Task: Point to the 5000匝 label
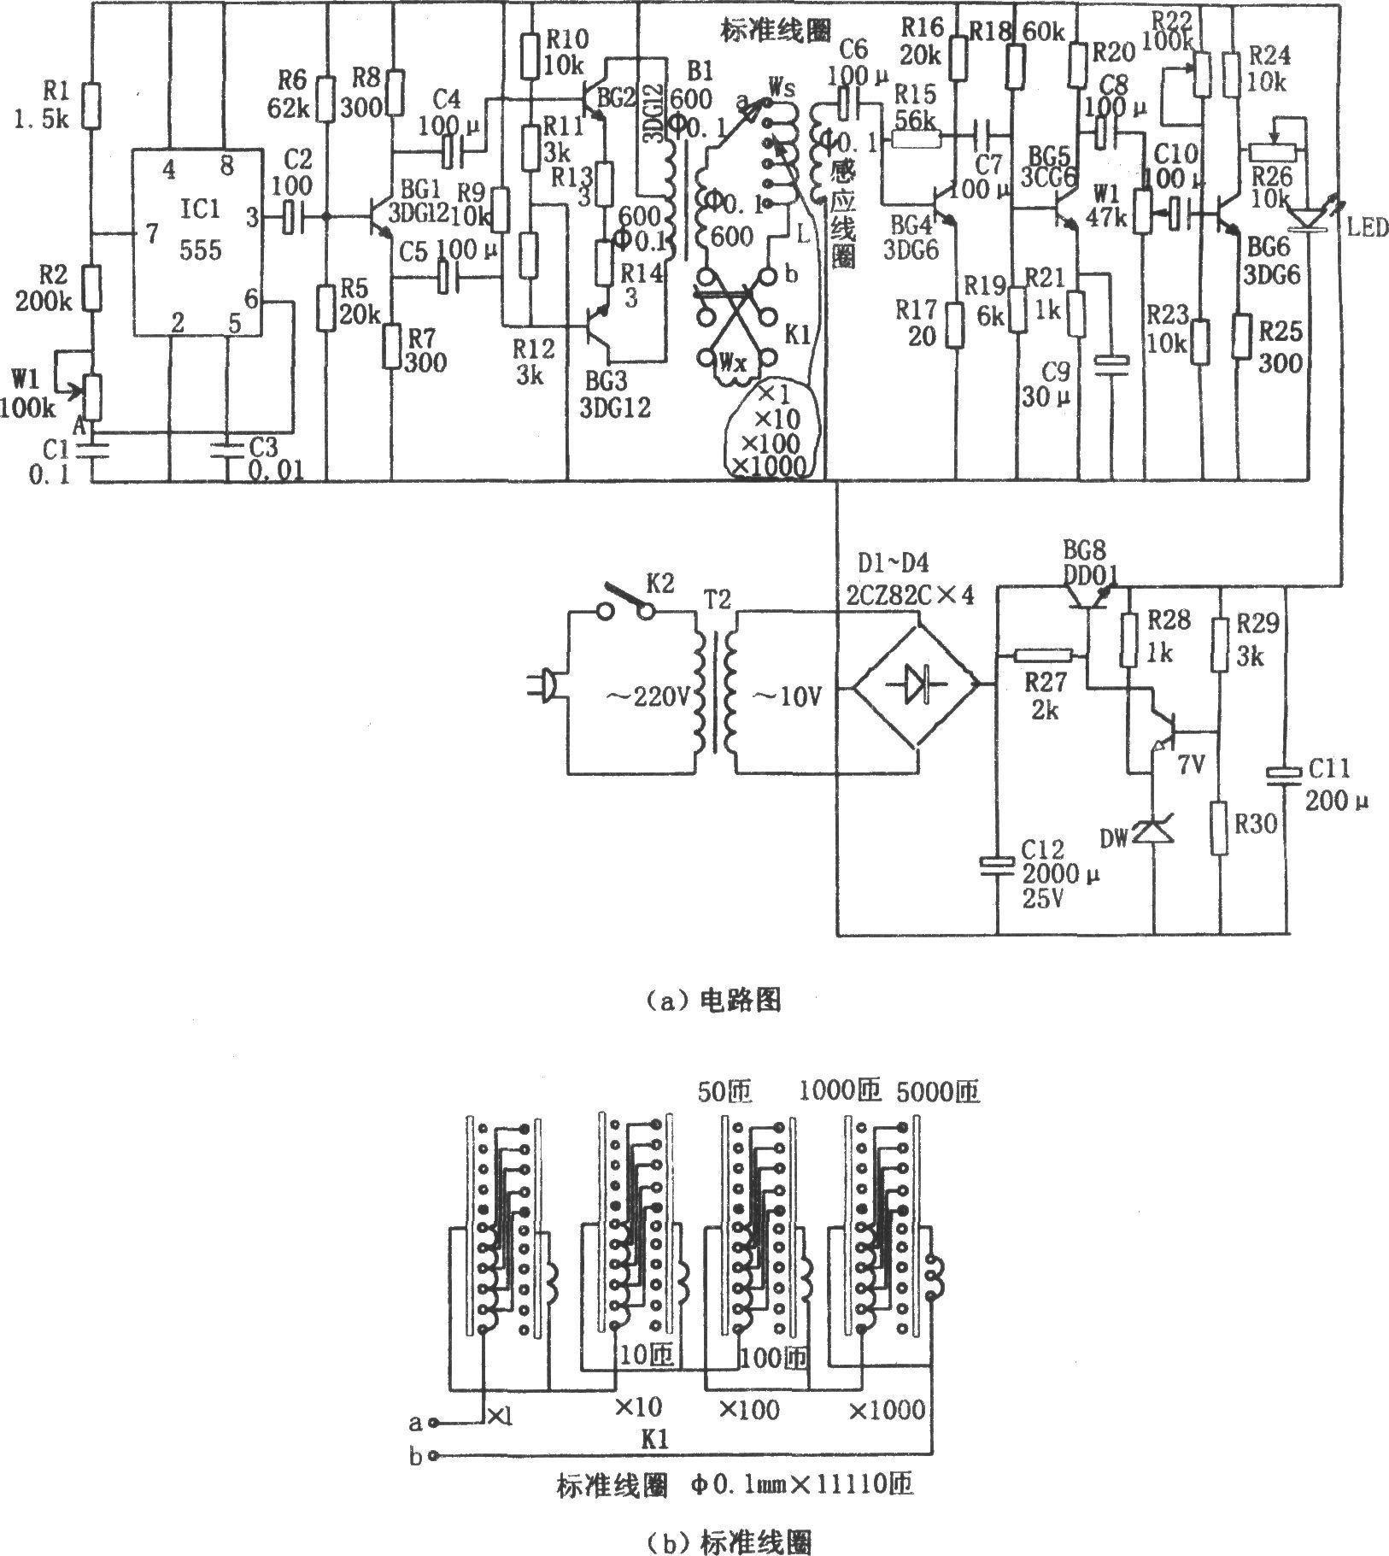938,1091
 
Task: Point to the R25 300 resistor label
1279,346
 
